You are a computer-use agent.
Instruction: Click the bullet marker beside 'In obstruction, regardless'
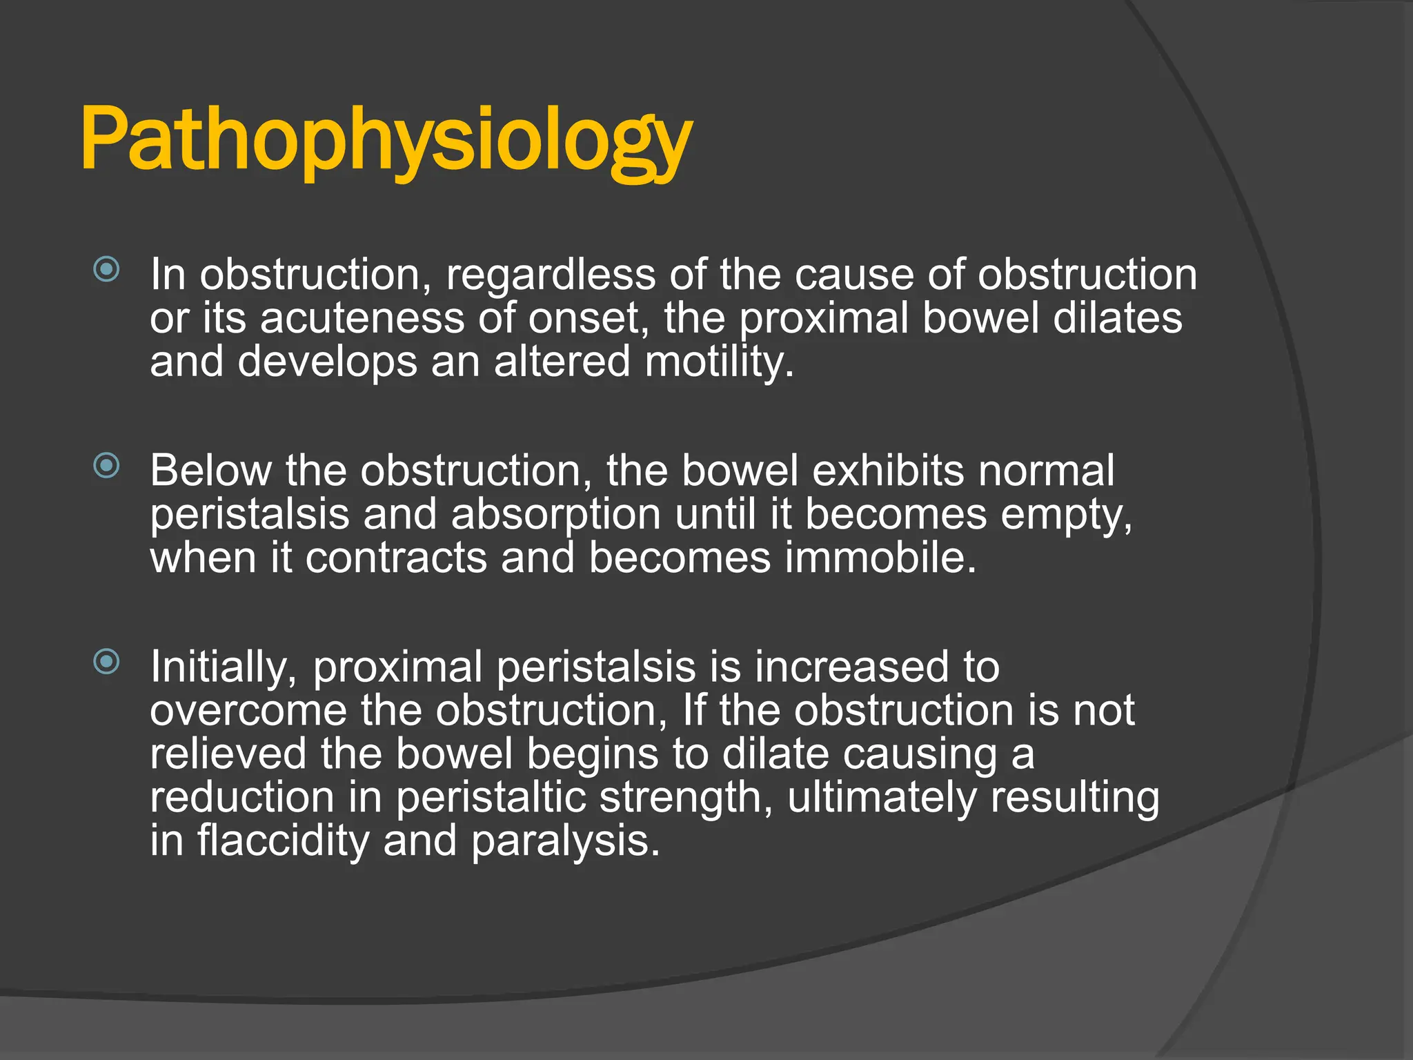tap(106, 269)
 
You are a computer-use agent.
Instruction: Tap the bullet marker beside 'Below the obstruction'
tap(106, 466)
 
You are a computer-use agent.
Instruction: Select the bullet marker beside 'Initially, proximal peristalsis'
tap(106, 662)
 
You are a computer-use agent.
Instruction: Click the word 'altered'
tap(562, 362)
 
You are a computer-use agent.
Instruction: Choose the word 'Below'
tap(210, 471)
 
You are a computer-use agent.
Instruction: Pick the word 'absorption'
tap(556, 516)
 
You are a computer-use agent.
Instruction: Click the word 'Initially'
tap(222, 667)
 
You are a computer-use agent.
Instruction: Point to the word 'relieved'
tap(228, 754)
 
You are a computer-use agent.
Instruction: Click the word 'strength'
tap(680, 798)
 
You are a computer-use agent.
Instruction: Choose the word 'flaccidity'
tap(284, 841)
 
